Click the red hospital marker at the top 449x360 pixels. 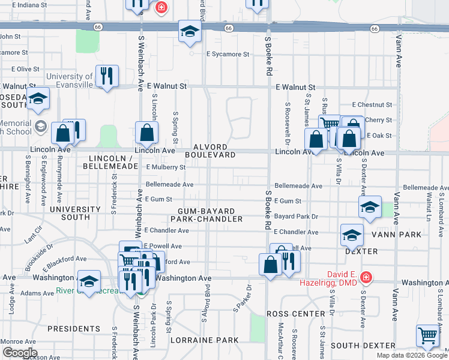click(x=160, y=7)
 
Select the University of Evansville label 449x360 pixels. click(x=70, y=80)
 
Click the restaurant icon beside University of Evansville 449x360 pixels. click(x=107, y=76)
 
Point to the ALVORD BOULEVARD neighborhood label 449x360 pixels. click(x=209, y=151)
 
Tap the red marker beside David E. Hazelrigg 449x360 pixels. click(x=366, y=278)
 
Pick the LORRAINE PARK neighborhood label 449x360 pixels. click(x=205, y=340)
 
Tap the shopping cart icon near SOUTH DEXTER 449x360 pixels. click(x=427, y=335)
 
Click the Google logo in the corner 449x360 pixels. click(x=19, y=353)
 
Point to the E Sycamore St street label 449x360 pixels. click(x=228, y=54)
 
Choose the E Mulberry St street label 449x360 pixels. click(x=166, y=167)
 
